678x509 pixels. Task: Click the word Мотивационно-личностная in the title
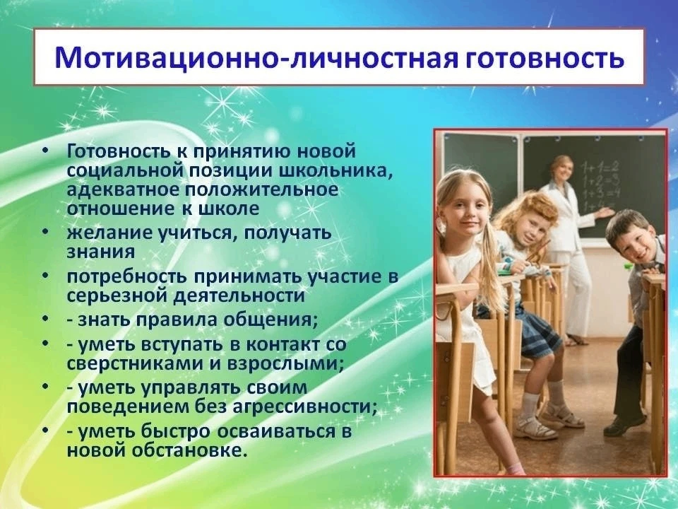(x=256, y=57)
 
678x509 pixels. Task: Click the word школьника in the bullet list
(x=338, y=170)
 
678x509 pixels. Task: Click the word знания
(x=101, y=252)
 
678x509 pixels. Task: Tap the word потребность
(x=126, y=277)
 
